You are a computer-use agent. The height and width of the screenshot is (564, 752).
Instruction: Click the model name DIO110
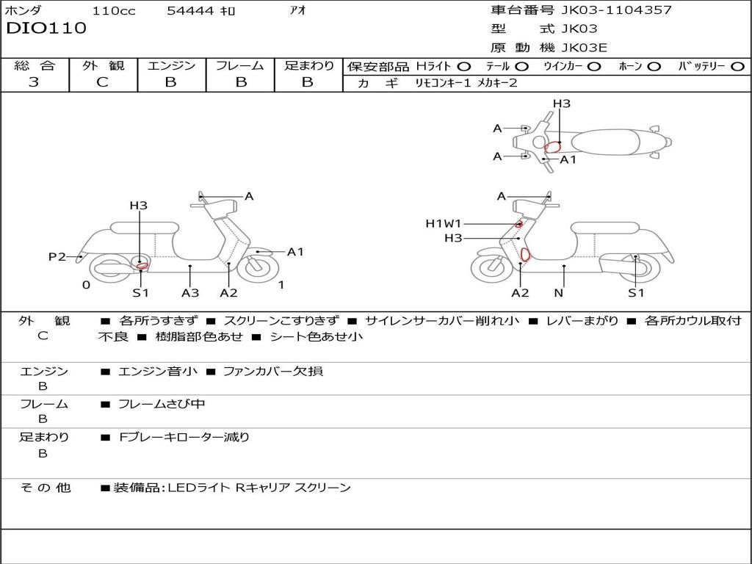point(46,28)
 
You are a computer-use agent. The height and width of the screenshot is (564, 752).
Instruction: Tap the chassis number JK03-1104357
point(616,10)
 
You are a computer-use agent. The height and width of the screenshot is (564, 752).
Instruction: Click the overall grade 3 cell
point(34,82)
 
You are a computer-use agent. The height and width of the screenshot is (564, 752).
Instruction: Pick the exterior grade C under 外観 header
point(102,82)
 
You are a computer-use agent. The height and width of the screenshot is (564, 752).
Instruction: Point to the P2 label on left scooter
point(57,256)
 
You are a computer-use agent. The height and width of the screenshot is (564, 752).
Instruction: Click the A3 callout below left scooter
point(190,292)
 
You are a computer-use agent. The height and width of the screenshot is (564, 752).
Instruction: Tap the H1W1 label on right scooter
point(443,223)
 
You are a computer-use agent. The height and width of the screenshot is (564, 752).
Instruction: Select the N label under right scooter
point(559,292)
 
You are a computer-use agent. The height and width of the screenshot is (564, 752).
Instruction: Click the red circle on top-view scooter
point(552,147)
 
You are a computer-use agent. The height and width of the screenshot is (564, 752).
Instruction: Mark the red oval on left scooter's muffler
point(142,266)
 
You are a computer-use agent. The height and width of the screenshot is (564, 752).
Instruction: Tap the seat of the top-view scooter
point(605,142)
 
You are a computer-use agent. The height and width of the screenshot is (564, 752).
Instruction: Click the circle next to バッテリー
point(737,67)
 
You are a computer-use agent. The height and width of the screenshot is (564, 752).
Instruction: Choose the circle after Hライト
point(463,67)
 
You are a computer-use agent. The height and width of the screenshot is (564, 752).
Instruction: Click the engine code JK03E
point(584,48)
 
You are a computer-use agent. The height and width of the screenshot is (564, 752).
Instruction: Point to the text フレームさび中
point(162,405)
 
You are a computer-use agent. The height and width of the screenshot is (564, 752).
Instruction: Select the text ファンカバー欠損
point(273,371)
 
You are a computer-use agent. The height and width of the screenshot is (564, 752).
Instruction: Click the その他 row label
point(45,488)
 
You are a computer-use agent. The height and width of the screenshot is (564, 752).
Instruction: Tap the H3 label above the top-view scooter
point(562,104)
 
